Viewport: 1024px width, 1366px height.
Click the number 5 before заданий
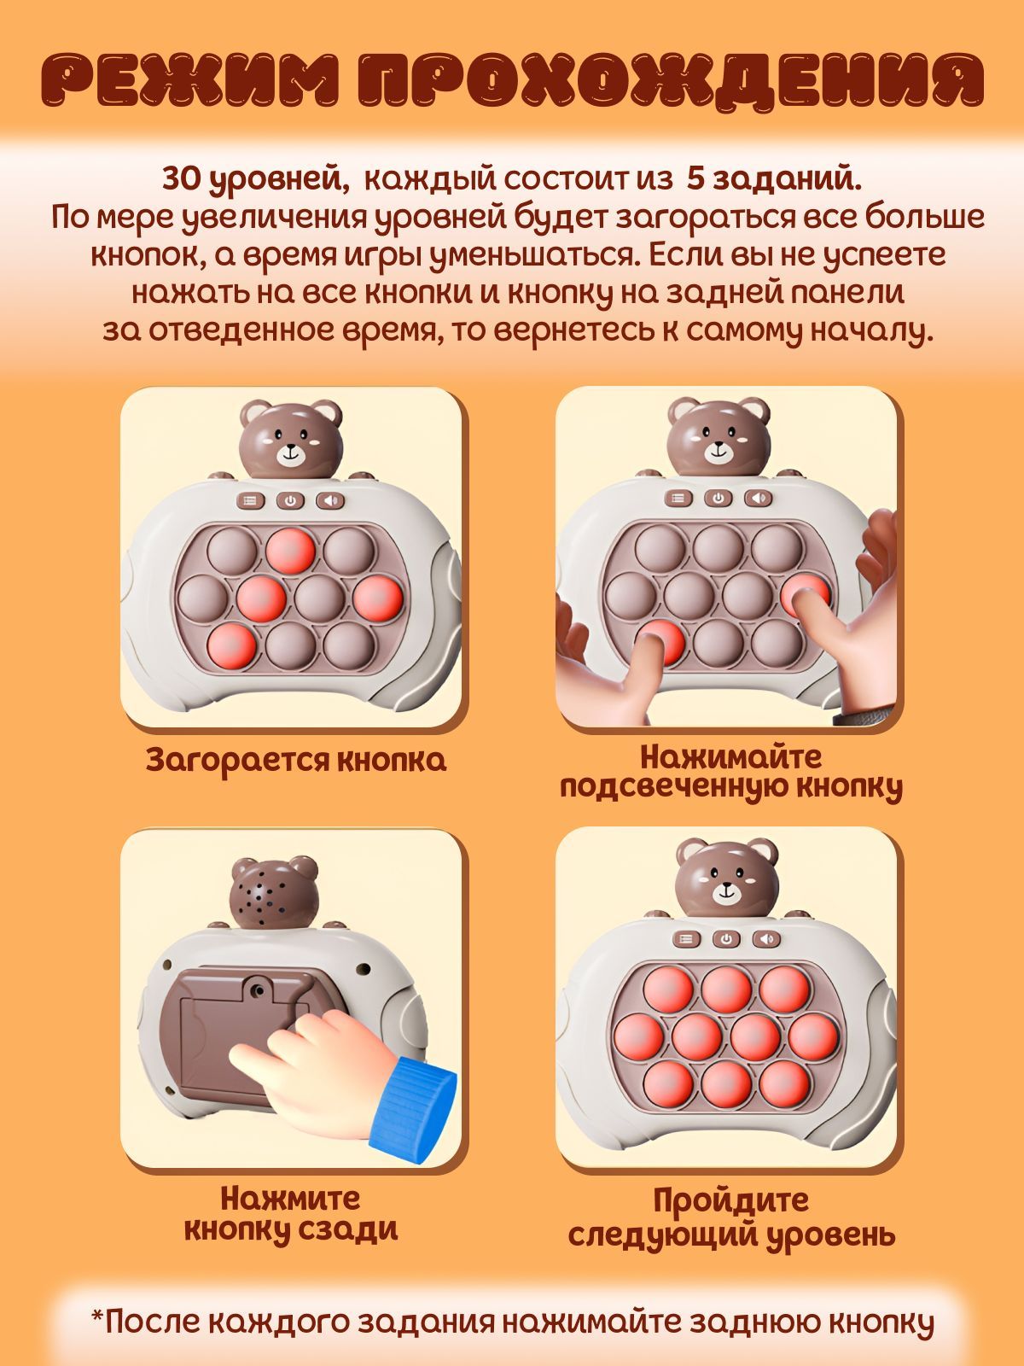695,180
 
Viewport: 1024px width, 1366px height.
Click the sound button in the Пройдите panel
766,938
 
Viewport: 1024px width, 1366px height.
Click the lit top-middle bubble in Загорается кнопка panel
290,551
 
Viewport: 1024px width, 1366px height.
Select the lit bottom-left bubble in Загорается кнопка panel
231,645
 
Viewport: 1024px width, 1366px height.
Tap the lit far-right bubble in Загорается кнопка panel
377,598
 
